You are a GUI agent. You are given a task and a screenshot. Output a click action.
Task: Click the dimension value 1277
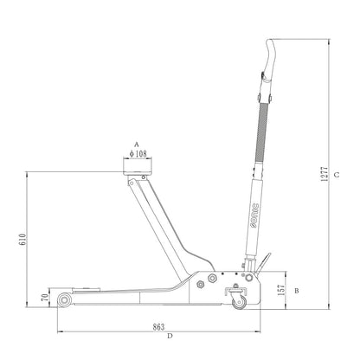coord(325,174)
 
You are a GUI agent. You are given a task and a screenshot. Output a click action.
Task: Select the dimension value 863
coord(158,327)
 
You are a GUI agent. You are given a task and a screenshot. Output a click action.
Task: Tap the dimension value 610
coord(22,240)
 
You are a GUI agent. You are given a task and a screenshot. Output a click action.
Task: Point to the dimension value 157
coord(281,290)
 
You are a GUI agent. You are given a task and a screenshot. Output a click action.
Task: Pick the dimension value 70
coord(45,298)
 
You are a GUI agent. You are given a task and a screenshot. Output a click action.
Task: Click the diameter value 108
coord(138,154)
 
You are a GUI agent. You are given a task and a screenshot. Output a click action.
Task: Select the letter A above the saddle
coord(137,145)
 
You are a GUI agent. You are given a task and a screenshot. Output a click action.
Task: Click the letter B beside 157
coord(297,291)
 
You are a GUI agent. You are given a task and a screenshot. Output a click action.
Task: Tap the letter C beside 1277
coord(337,175)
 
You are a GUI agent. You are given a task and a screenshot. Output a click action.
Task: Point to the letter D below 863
coord(170,336)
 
